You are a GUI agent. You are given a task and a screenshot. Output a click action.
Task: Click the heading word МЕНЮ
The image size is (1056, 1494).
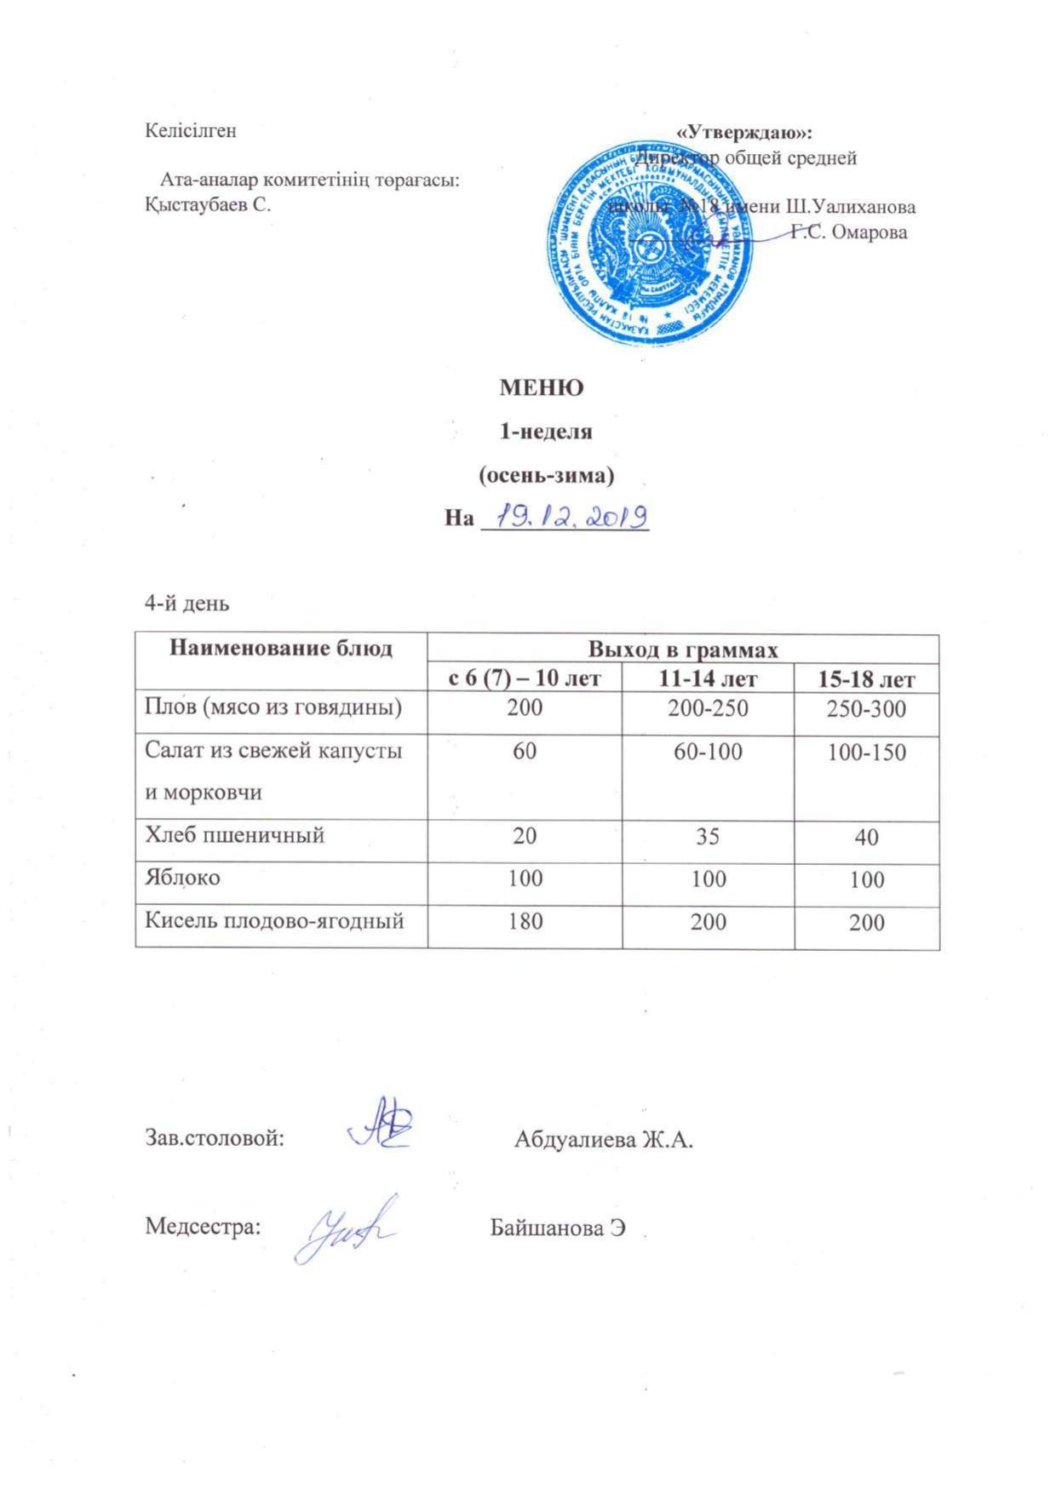pos(541,388)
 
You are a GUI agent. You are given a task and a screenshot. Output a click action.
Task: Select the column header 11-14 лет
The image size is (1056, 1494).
pos(708,678)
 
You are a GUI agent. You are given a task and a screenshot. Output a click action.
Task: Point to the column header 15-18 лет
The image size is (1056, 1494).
pos(866,679)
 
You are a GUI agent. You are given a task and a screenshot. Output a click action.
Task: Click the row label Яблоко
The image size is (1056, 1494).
pos(182,877)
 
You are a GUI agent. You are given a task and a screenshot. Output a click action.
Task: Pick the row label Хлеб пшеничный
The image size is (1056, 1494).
pos(234,834)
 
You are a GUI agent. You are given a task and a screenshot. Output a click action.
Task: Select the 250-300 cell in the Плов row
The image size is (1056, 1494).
pos(866,708)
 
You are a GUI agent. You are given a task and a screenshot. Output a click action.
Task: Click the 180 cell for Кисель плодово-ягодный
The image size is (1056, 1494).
pos(525,921)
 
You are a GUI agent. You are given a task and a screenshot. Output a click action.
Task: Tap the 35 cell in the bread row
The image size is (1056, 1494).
pos(708,836)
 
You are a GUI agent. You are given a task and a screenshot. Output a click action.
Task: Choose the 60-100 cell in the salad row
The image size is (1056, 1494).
pos(708,752)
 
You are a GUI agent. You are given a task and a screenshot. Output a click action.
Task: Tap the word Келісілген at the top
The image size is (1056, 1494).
pos(191,131)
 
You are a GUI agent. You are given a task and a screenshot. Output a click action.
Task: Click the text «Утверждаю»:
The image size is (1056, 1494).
pos(744,133)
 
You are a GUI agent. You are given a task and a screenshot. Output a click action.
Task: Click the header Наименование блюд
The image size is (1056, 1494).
pos(281,649)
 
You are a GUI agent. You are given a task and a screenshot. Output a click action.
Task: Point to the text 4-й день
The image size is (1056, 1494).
pos(187,604)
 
